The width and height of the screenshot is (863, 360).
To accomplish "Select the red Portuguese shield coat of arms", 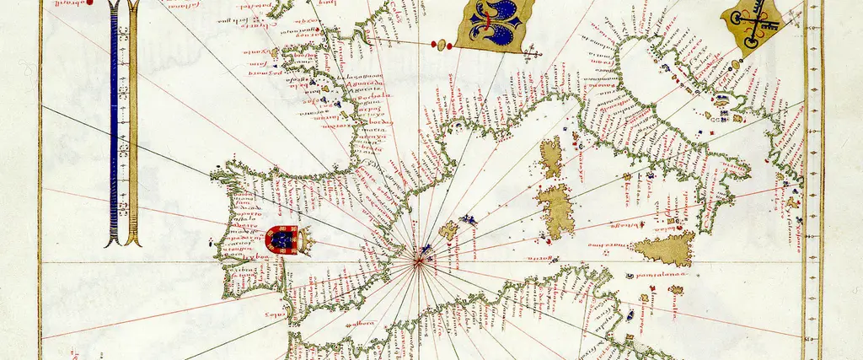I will point(281,241).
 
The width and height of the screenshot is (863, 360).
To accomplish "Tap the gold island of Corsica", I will point(551,159).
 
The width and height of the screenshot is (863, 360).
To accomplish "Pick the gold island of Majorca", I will point(449,229).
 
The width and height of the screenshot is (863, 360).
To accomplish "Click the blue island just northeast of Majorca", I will point(468,220).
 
